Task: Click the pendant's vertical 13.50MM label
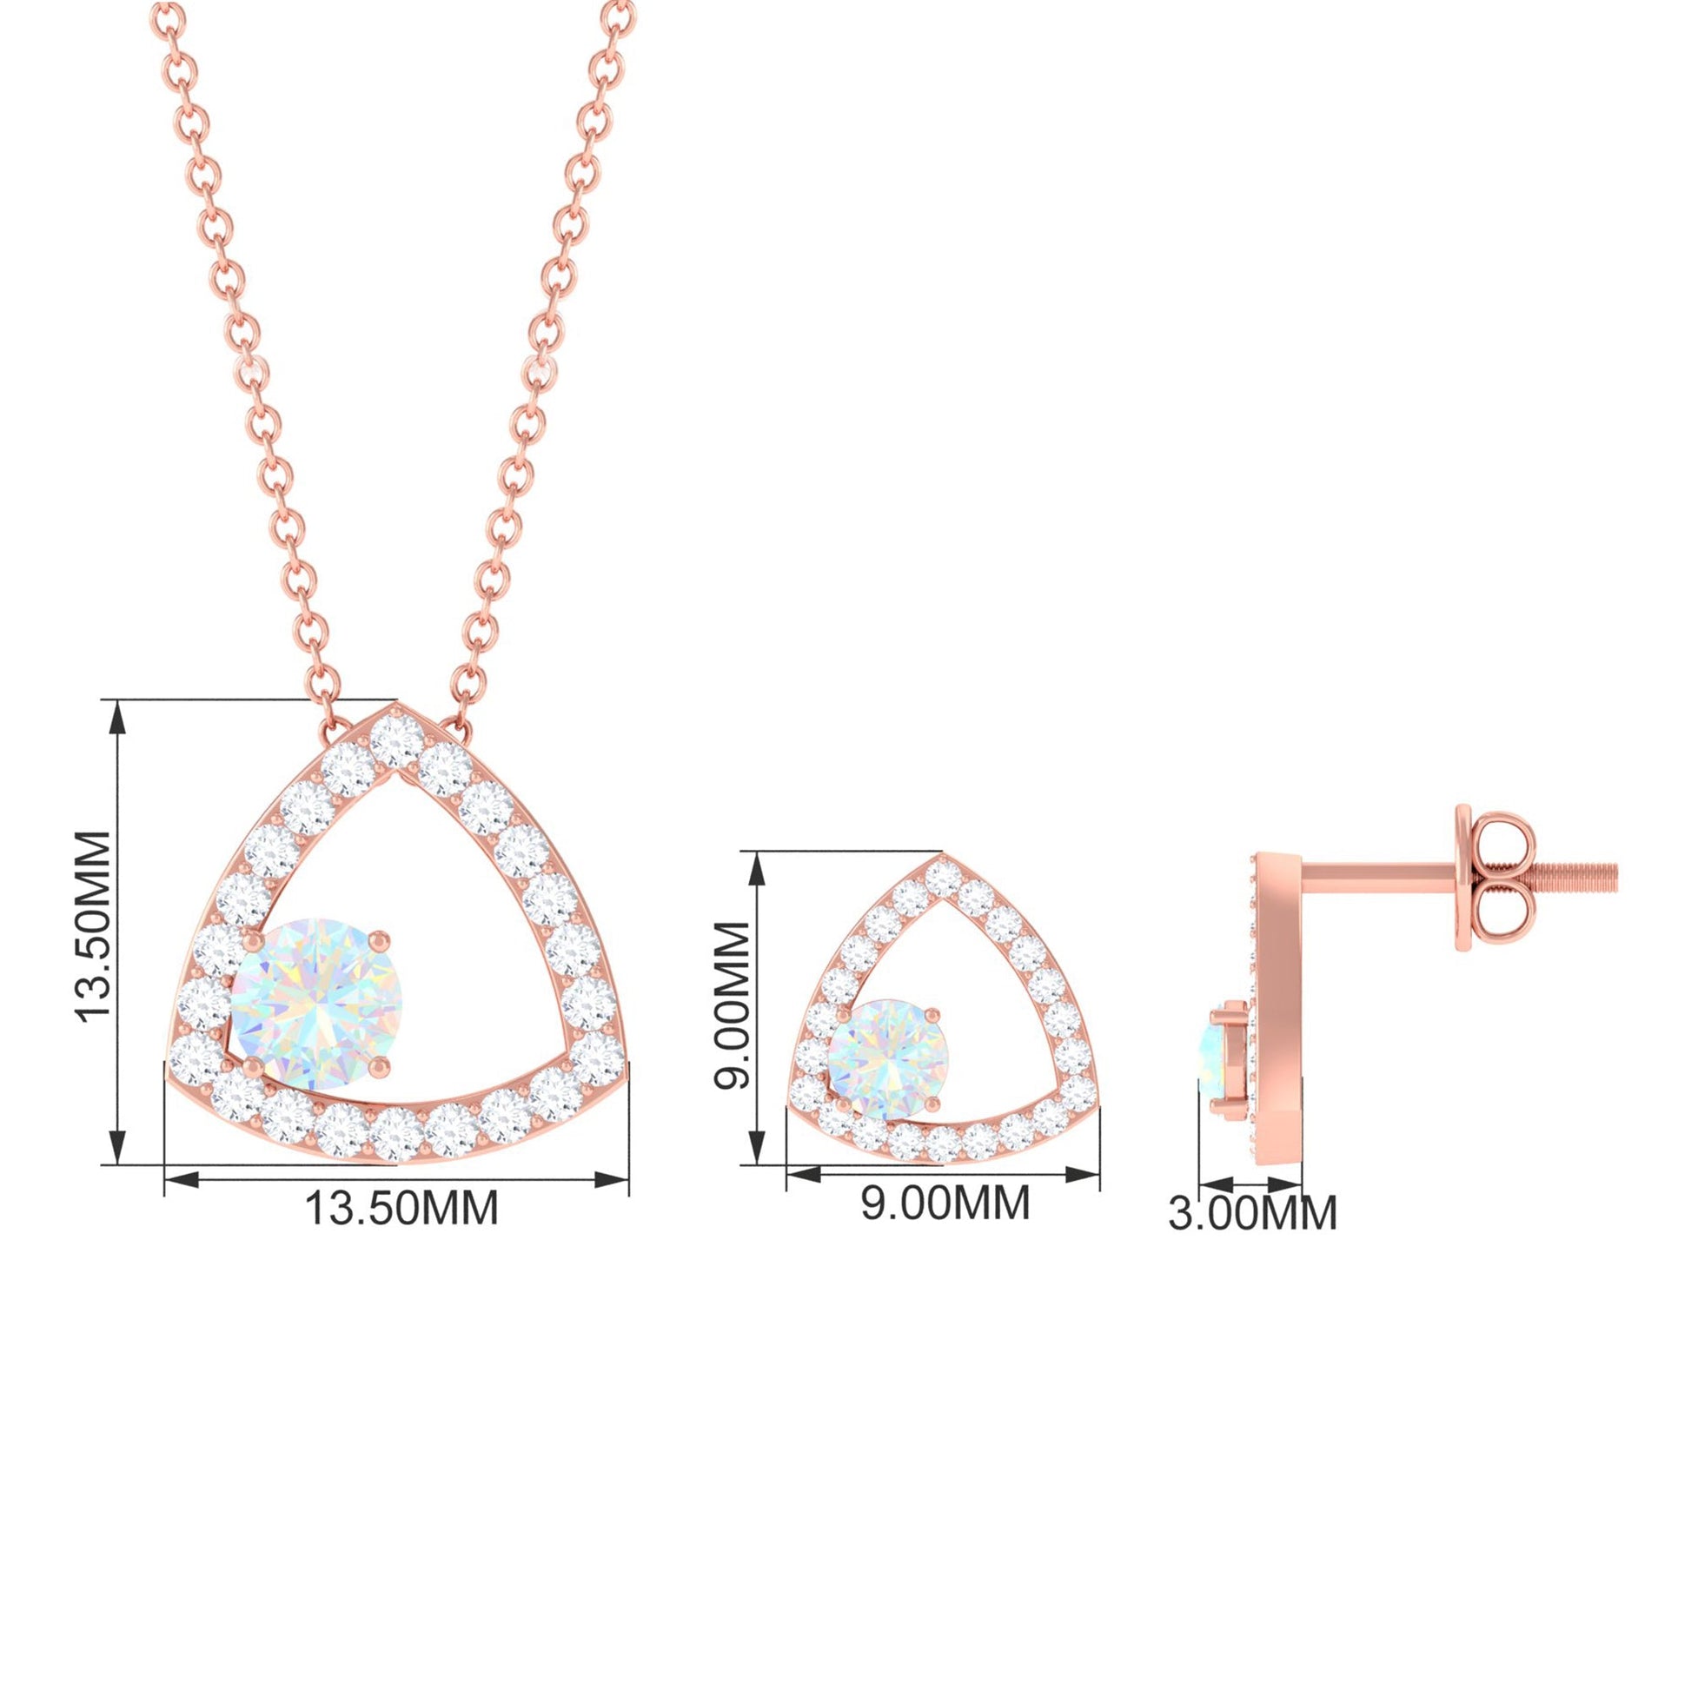click(94, 926)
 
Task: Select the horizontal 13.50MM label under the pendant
click(401, 1208)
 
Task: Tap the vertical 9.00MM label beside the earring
click(732, 1005)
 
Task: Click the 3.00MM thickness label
click(1252, 1213)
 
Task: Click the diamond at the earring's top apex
click(943, 878)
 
